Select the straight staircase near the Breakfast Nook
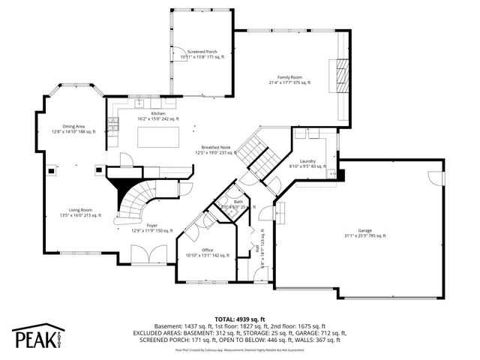coord(256,155)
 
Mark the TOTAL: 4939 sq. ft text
coord(240,319)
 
